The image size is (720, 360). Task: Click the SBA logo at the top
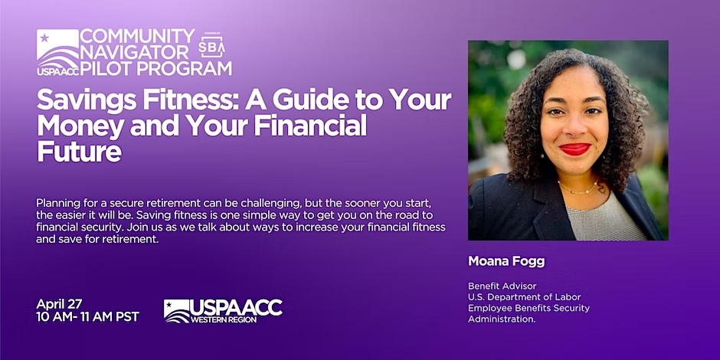pyautogui.click(x=211, y=45)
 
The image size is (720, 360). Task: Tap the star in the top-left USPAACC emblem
pyautogui.click(x=44, y=38)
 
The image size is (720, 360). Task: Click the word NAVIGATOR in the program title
pyautogui.click(x=135, y=52)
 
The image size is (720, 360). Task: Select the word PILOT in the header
pyautogui.click(x=105, y=68)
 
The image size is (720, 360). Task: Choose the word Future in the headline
pyautogui.click(x=79, y=151)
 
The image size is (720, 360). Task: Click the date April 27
pyautogui.click(x=59, y=304)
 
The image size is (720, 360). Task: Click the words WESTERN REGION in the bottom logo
pyautogui.click(x=224, y=319)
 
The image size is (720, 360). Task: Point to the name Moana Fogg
pyautogui.click(x=506, y=261)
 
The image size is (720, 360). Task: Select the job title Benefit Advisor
pyautogui.click(x=502, y=286)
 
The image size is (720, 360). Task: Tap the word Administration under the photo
pyautogui.click(x=502, y=319)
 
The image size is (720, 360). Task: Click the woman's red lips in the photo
pyautogui.click(x=574, y=149)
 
